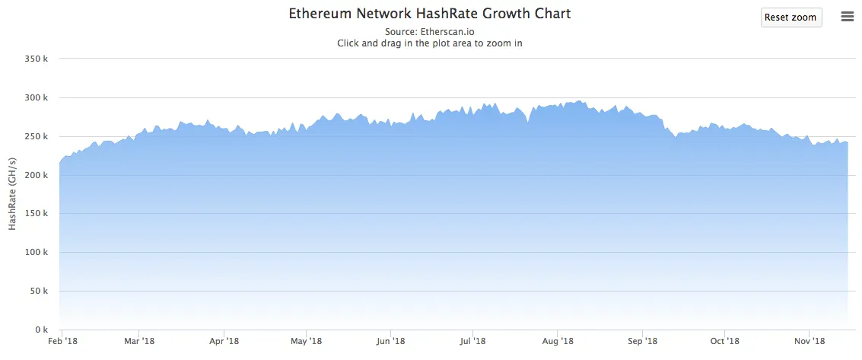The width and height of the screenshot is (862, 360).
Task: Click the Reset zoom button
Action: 790,18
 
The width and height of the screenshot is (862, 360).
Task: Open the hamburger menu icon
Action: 847,17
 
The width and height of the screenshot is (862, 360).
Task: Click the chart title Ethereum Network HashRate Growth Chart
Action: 430,14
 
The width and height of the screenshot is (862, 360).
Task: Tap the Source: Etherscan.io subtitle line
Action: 430,32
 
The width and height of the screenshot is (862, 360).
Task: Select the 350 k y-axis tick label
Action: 37,59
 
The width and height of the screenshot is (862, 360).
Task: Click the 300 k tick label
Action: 37,97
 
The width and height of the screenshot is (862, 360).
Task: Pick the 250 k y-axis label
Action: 37,136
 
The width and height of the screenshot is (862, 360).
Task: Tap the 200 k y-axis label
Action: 37,175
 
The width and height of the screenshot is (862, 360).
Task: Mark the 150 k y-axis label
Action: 37,214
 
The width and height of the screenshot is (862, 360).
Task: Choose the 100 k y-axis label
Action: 37,253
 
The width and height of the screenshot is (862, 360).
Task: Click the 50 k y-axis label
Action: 40,291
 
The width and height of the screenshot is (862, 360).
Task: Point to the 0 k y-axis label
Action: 42,330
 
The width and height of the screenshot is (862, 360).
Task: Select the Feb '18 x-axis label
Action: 62,342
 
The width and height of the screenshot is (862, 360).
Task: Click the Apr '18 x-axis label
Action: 224,342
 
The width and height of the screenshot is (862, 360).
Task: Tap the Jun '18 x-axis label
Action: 390,342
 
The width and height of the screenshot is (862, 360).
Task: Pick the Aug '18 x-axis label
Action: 557,342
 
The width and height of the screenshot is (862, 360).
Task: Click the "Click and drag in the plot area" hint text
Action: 430,43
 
